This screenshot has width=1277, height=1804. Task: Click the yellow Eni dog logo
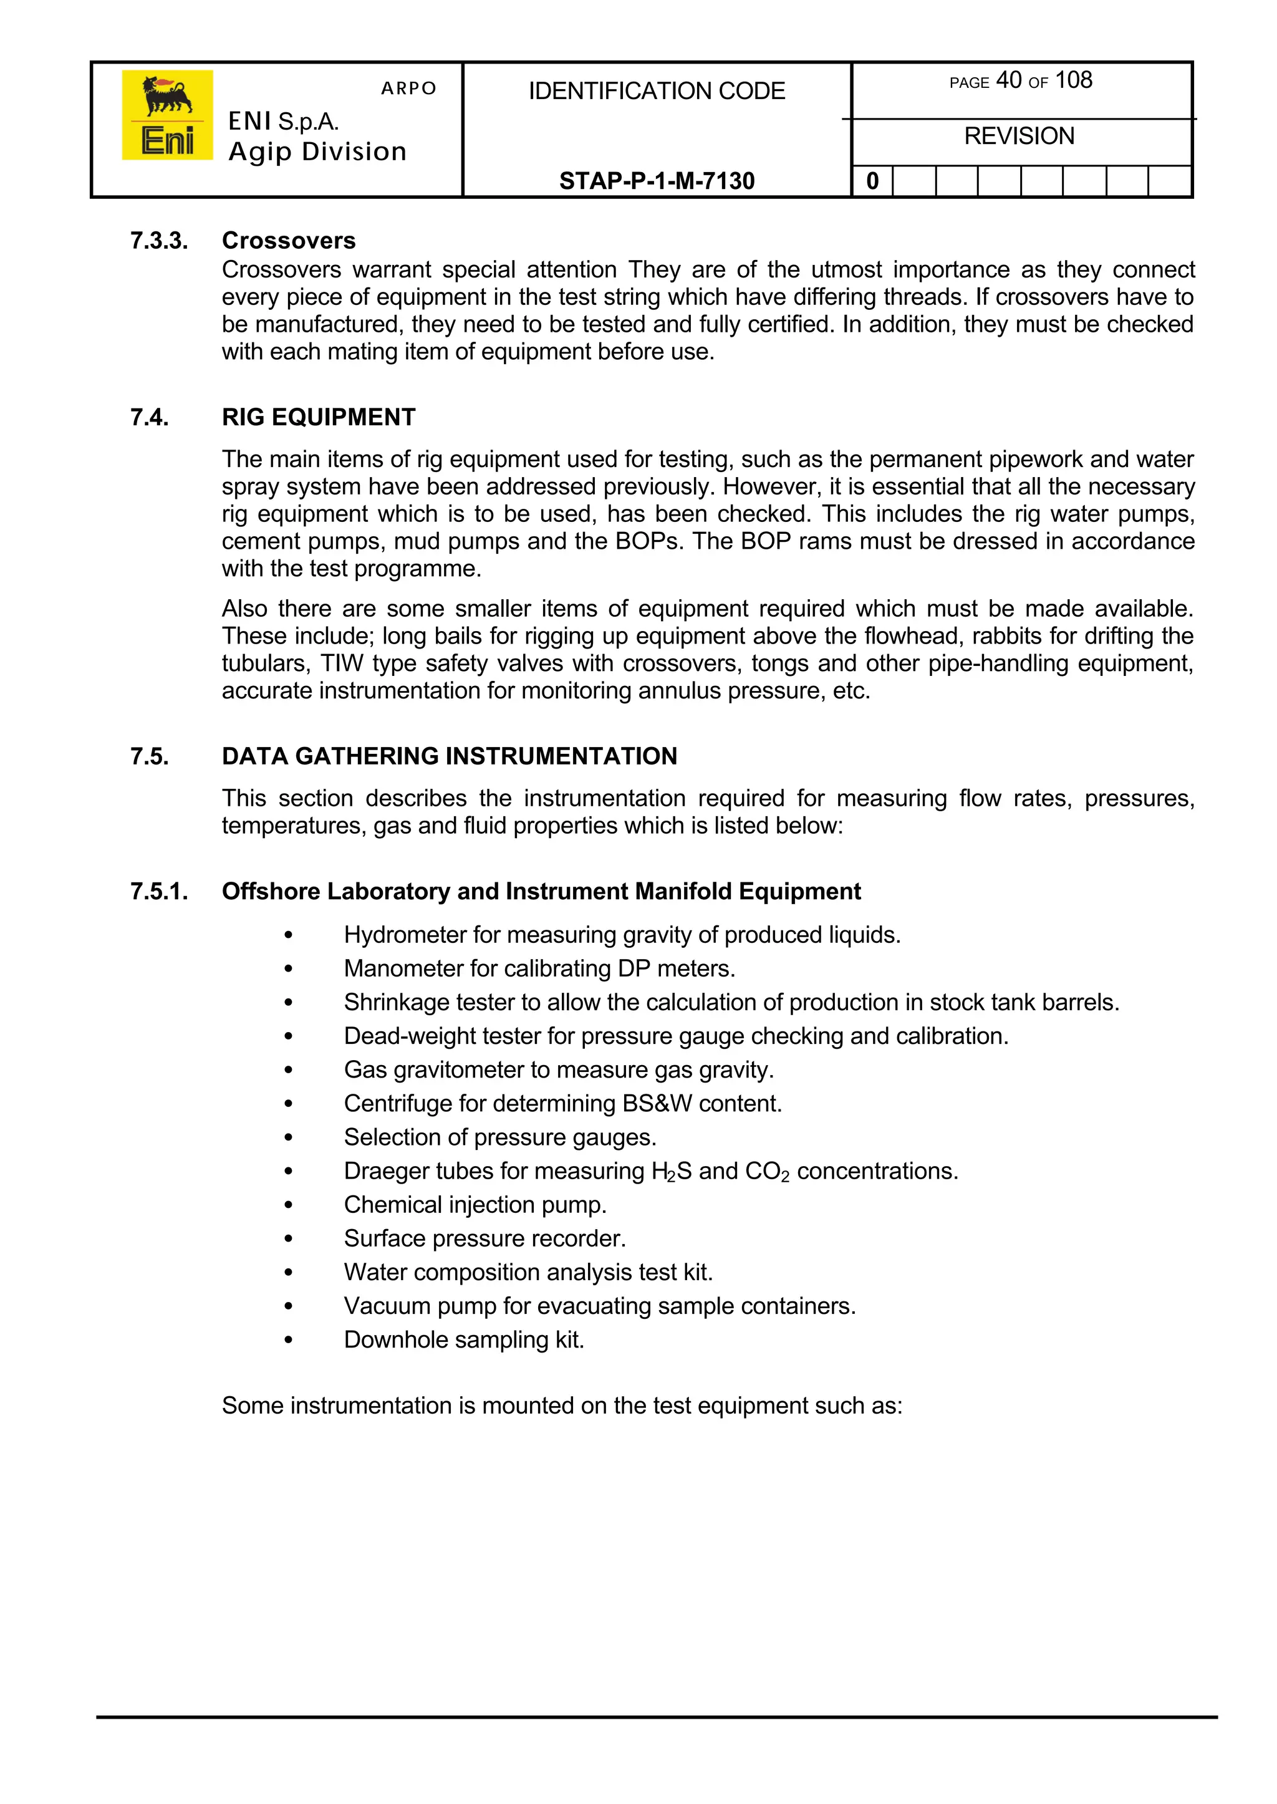pos(166,115)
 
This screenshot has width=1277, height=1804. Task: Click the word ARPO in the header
pos(408,88)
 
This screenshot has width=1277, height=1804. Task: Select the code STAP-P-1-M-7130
pos(657,181)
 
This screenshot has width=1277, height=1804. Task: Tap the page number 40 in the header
pos(1008,80)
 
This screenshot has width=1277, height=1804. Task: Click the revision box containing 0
pos(872,181)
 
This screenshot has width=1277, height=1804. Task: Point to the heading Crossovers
pos(289,240)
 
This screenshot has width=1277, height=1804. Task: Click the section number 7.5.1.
pos(159,891)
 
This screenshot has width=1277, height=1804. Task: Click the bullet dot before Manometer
pos(289,970)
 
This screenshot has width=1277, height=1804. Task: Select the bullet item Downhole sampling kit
pos(464,1340)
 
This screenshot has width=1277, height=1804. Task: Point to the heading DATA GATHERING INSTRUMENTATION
pos(449,756)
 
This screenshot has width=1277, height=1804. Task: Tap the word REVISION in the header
pos(1019,136)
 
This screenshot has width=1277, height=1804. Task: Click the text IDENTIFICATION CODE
pos(657,91)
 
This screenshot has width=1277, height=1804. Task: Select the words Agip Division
pos(317,151)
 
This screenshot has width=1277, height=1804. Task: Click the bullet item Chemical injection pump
pos(475,1205)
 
